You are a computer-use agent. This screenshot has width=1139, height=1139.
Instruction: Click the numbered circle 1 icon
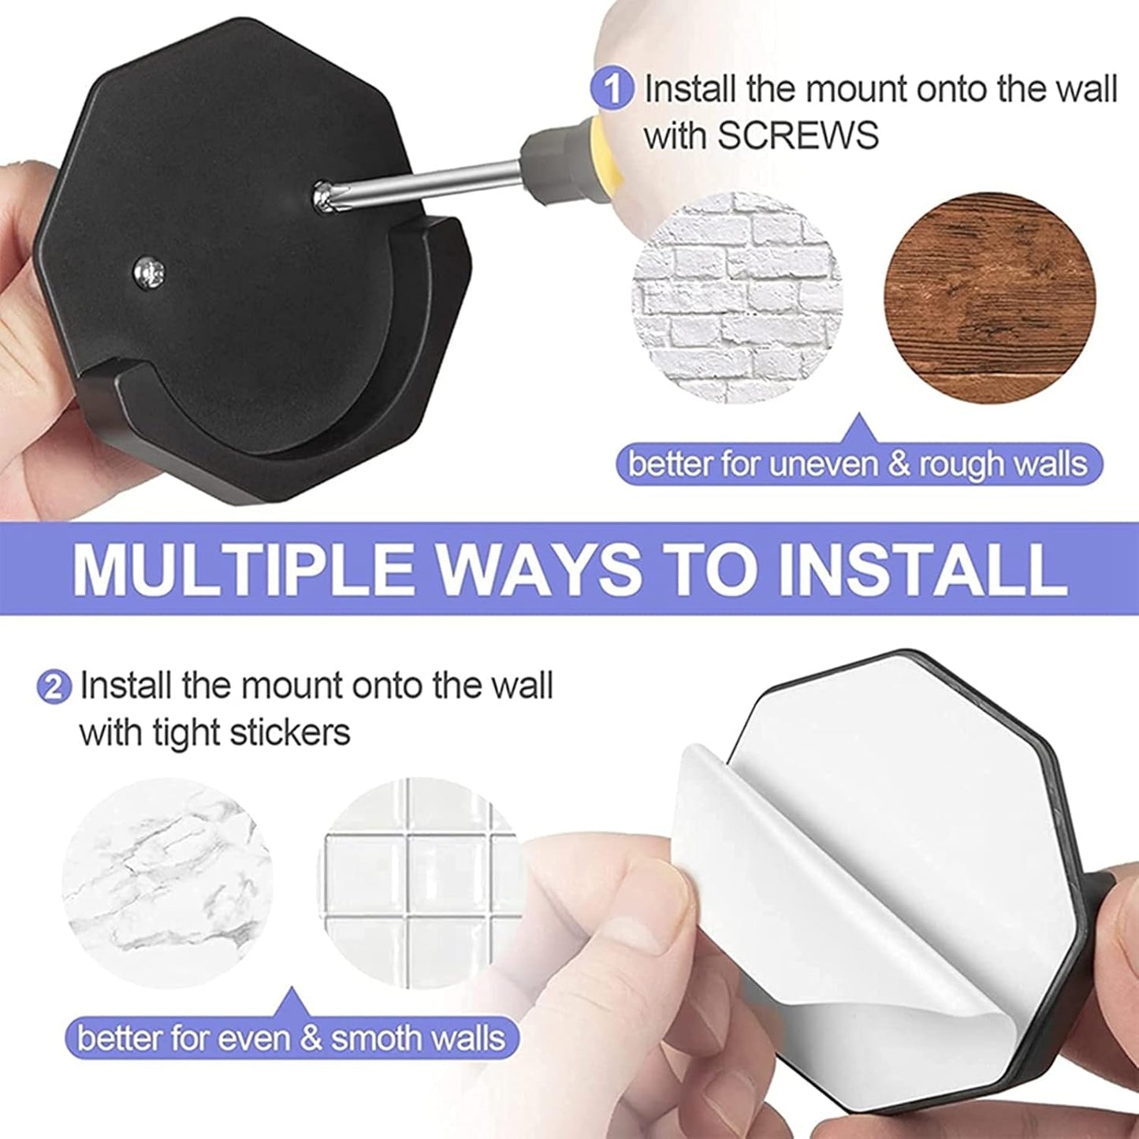(612, 89)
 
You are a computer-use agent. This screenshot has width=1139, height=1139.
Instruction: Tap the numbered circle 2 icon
(54, 687)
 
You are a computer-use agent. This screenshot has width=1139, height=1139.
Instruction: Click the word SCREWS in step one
(797, 136)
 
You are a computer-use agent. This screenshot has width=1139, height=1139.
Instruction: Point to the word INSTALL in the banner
(921, 569)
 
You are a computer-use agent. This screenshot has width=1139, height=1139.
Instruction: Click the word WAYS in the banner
(538, 569)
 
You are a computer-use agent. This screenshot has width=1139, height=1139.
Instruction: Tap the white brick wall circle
(737, 298)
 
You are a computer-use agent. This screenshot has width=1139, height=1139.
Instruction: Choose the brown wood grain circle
(989, 298)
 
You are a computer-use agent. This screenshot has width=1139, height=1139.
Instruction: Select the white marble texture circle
(167, 883)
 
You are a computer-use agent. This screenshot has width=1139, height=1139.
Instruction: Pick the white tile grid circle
(422, 883)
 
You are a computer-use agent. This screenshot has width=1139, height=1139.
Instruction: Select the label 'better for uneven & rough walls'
(858, 463)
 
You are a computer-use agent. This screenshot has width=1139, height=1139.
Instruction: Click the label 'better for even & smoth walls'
(291, 1037)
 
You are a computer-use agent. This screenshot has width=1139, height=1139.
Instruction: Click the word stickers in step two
(289, 733)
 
